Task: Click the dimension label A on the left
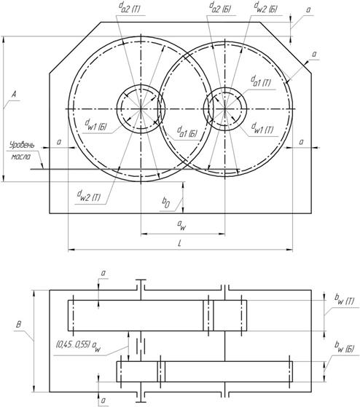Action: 15,94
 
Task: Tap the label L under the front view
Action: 180,243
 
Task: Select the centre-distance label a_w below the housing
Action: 181,225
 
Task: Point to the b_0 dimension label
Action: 166,202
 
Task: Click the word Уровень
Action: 22,145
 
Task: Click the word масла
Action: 21,157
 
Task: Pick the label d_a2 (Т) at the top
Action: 129,8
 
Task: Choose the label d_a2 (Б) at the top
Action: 220,8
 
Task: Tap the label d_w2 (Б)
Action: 265,8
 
